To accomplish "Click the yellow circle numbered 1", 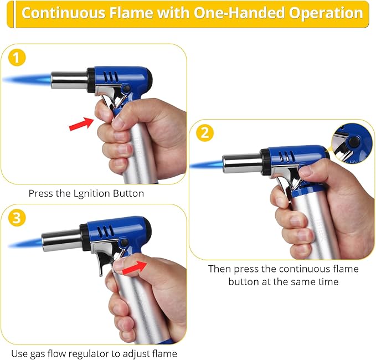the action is pos(17,58).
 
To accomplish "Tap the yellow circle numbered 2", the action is pos(205,133).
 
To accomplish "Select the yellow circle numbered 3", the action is pos(17,218).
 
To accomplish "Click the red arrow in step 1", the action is pos(81,124).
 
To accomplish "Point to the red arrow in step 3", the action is pos(135,268).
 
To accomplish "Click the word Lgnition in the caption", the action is pos(92,193).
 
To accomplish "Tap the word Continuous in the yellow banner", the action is pos(64,13).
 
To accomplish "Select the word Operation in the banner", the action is pos(326,13).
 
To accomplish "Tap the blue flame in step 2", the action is pos(207,164).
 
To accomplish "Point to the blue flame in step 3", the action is pos(25,244).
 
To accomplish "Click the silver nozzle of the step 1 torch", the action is pos(69,80).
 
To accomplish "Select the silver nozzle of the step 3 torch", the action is pos(61,240).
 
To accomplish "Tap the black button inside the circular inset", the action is pos(353,142).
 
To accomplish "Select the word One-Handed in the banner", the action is pos(239,13).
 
